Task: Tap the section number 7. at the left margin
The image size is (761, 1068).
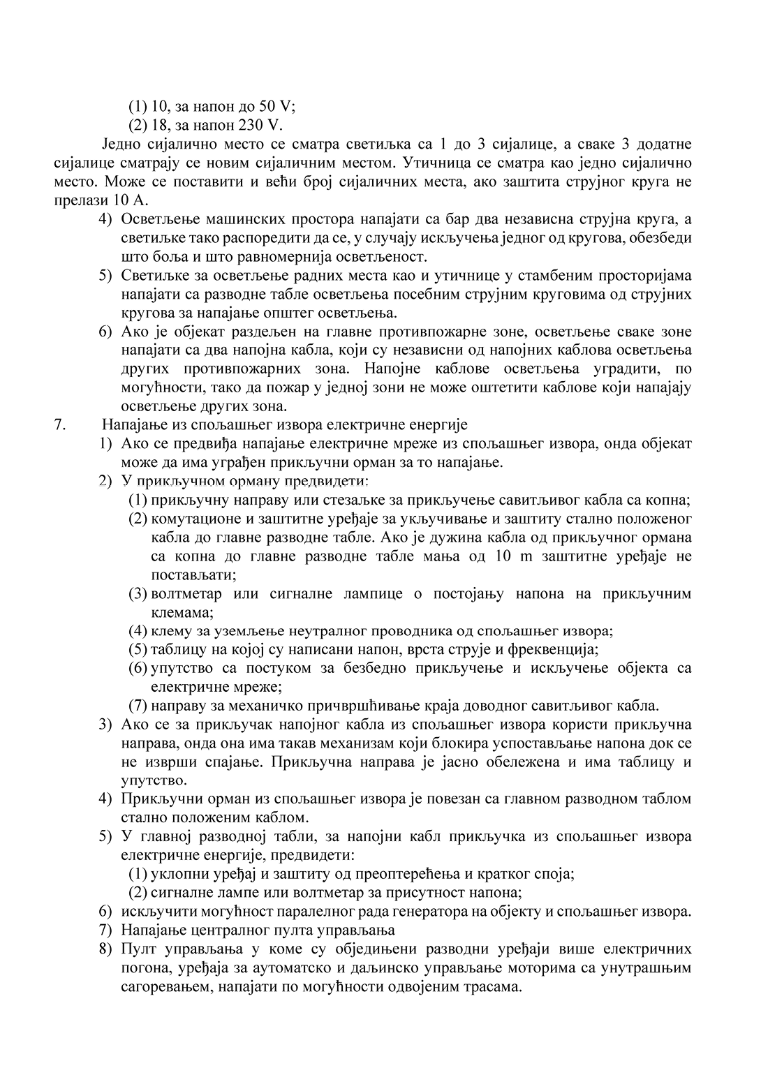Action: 60,424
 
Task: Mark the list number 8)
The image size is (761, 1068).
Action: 105,949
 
